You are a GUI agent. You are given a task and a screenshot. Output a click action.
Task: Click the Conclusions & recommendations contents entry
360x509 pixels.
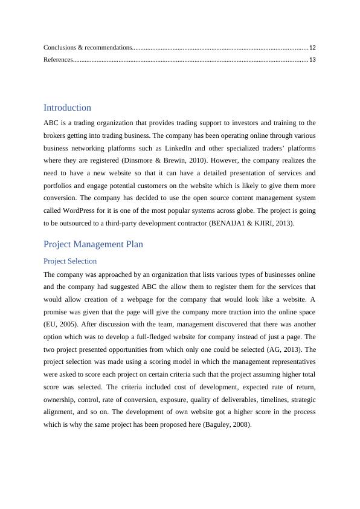[88, 47]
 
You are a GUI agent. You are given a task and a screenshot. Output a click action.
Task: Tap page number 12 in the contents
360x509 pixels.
[312, 47]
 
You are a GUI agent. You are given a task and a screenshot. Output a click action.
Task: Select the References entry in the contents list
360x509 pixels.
[58, 60]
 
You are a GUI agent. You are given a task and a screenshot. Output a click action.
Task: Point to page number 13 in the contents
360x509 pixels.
[312, 60]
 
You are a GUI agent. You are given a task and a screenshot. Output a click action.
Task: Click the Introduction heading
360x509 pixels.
[67, 108]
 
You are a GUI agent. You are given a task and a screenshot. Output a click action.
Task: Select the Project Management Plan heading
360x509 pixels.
[93, 244]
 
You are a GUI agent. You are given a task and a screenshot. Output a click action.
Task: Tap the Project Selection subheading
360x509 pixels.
[70, 261]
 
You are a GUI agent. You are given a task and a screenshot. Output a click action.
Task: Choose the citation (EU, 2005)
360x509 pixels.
[60, 324]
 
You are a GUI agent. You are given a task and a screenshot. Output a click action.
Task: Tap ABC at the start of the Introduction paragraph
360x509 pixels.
[51, 123]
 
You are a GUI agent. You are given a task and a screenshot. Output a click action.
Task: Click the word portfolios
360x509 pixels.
[59, 186]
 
